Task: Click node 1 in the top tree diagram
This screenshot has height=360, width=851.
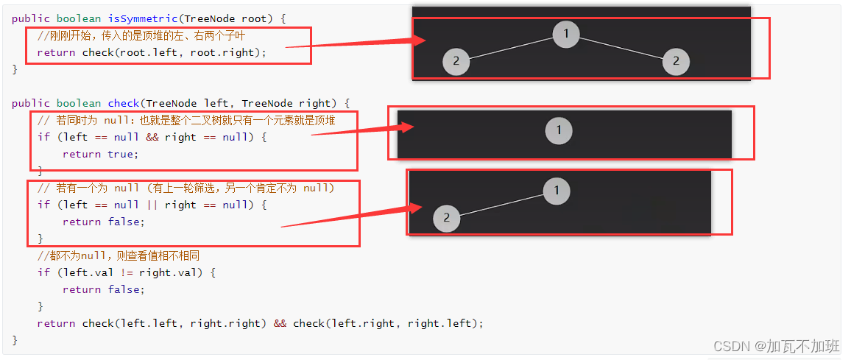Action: click(566, 34)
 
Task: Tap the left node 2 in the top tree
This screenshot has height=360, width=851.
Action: click(456, 61)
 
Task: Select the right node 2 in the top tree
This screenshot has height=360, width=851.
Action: click(676, 61)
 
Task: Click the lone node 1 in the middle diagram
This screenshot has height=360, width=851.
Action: click(559, 131)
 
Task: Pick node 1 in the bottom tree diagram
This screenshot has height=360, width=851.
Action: click(557, 191)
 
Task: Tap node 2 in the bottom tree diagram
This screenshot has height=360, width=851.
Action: click(446, 218)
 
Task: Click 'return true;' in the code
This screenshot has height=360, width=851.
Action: click(100, 154)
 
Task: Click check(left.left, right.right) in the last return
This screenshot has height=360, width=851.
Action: click(173, 323)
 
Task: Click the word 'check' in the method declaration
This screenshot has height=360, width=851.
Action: click(124, 103)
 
